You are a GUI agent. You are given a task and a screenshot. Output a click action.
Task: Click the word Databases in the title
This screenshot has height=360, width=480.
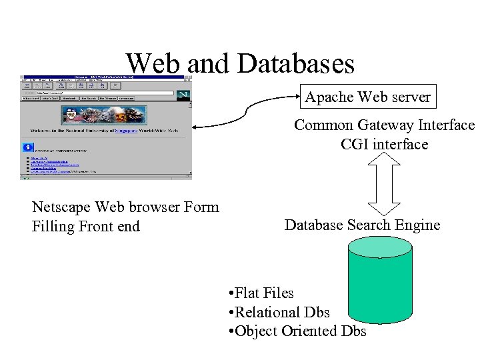[295, 64]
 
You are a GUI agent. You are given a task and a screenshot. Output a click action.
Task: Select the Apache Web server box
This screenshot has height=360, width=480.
[368, 97]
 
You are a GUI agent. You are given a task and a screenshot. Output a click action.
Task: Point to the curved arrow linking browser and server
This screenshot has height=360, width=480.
[243, 117]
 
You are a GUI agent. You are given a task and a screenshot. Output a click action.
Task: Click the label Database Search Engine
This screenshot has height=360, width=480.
[362, 225]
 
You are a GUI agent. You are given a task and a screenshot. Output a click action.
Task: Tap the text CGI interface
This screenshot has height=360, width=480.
[384, 144]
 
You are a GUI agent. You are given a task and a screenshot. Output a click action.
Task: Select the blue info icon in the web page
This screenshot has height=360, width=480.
[27, 147]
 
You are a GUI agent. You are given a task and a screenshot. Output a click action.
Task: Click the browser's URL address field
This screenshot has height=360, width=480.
[107, 93]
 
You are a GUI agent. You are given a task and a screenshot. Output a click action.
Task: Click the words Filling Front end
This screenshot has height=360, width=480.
[85, 227]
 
